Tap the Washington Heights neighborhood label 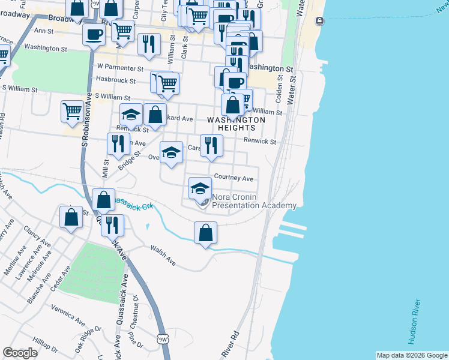point(236,124)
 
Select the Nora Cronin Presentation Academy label point(255,202)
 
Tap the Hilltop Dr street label point(46,343)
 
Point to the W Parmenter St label point(121,68)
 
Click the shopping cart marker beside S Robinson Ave point(72,111)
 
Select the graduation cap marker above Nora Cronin point(200,188)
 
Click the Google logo point(20,353)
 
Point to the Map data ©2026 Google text point(411,355)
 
